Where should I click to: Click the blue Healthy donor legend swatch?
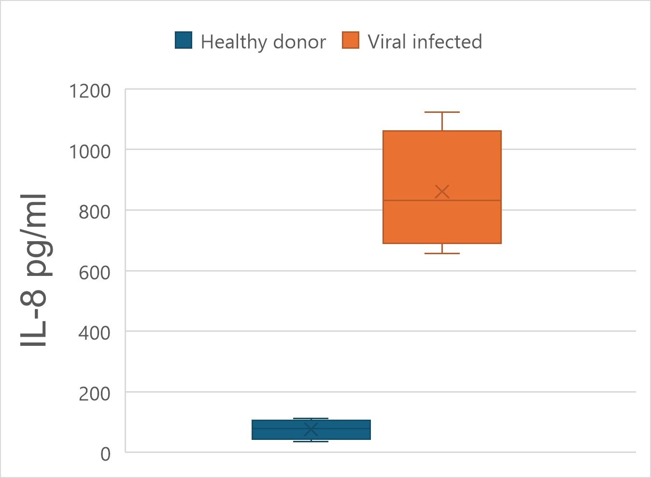tap(184, 41)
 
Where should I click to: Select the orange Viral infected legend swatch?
tap(351, 41)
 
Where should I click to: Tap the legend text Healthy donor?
tap(263, 42)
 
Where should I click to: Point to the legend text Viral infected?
tap(425, 41)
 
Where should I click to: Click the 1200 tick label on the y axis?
tap(90, 91)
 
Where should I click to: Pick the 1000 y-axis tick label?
tap(90, 151)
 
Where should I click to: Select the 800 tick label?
tap(95, 212)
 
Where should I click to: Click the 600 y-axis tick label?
tap(95, 273)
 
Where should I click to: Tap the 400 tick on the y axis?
tap(95, 333)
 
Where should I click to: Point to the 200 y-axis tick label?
tap(95, 394)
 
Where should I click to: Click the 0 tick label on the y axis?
tap(105, 454)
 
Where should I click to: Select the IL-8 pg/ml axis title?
tap(34, 270)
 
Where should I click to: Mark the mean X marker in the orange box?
tap(442, 191)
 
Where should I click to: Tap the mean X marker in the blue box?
tap(311, 429)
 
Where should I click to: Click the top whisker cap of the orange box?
tap(442, 112)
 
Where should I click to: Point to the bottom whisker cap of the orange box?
tap(442, 253)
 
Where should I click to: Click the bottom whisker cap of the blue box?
tap(311, 441)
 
